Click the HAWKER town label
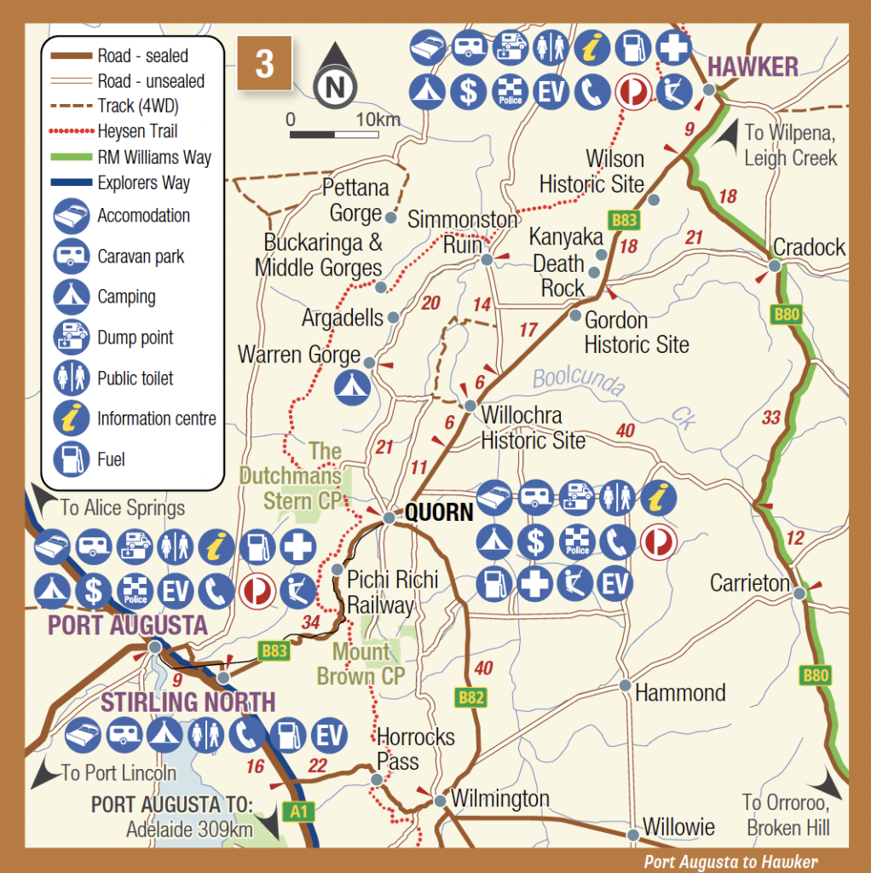tap(753, 66)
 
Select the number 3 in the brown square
tap(264, 64)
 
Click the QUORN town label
tap(438, 513)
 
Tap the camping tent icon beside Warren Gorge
tap(350, 386)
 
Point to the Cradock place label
tap(809, 248)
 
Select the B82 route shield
tap(470, 698)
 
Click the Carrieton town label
tap(750, 583)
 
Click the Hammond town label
tap(680, 692)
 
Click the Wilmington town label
tap(499, 800)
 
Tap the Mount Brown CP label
tap(361, 664)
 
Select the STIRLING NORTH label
tap(188, 702)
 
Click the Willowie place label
tap(678, 826)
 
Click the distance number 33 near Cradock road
tap(770, 418)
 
